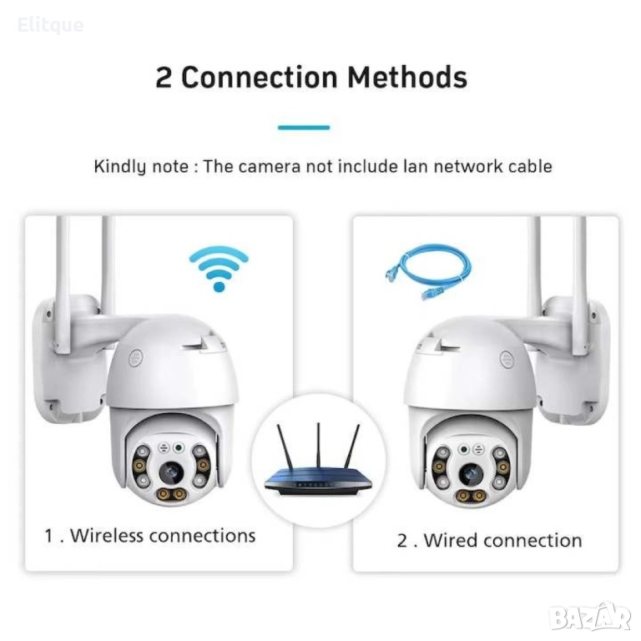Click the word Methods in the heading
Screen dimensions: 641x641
[x=407, y=78]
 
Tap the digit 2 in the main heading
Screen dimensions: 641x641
[x=164, y=78]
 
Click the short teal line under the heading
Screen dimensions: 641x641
[x=304, y=128]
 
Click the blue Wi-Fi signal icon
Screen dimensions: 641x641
[x=220, y=269]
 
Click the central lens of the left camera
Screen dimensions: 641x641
[x=171, y=473]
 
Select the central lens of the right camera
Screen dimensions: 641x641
[x=471, y=475]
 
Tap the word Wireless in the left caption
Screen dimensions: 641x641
[x=107, y=536]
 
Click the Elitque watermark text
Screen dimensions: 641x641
[x=51, y=25]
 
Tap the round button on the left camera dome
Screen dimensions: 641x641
[x=135, y=359]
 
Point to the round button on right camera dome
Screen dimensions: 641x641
[x=507, y=360]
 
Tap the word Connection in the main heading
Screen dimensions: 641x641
[x=260, y=78]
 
